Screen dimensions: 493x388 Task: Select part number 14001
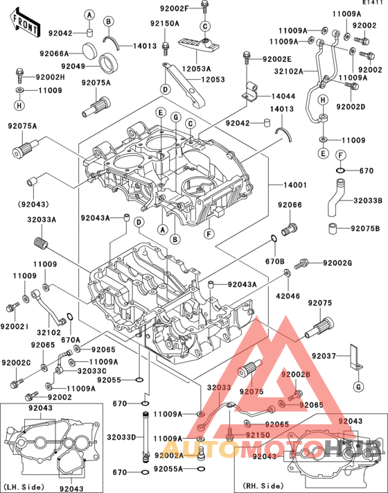(x=294, y=185)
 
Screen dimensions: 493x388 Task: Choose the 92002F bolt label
(x=174, y=8)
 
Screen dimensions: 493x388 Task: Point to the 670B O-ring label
(x=276, y=261)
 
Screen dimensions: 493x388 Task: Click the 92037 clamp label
(x=324, y=356)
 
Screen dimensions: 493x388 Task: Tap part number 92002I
(x=15, y=325)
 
